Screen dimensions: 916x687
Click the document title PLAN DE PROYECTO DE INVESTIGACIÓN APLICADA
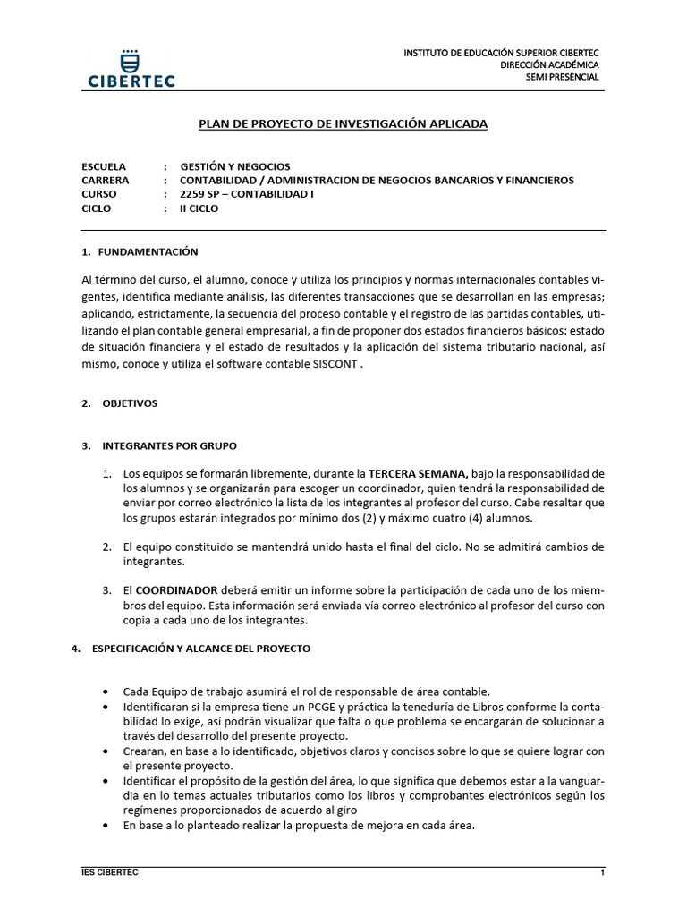(x=343, y=124)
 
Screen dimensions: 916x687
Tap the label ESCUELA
(x=104, y=166)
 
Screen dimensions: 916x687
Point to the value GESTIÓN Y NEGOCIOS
(x=235, y=166)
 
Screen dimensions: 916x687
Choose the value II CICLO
(x=199, y=208)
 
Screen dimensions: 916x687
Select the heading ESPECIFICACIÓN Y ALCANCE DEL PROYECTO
(x=201, y=649)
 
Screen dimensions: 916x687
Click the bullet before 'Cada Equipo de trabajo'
(x=108, y=692)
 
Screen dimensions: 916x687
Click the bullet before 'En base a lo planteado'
(x=108, y=825)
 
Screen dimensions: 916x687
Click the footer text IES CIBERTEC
(x=110, y=871)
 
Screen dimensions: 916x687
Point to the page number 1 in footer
(x=603, y=871)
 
